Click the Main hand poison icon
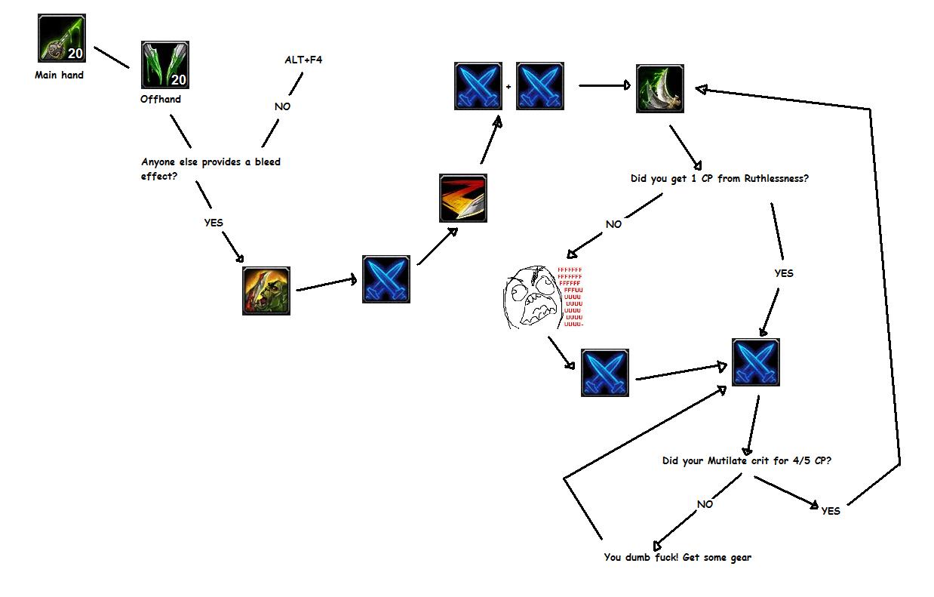[x=61, y=38]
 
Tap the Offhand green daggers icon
[x=165, y=65]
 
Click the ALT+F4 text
[x=303, y=59]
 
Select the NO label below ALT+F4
[x=282, y=106]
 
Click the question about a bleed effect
[x=210, y=168]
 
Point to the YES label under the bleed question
[x=214, y=223]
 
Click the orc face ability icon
[x=266, y=290]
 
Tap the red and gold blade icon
[x=463, y=198]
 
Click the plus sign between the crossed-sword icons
[x=508, y=87]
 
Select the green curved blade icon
[x=660, y=88]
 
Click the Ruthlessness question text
[x=720, y=179]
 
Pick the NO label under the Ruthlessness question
[x=613, y=224]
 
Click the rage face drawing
[x=531, y=299]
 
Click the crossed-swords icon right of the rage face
[x=605, y=372]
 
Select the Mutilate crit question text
[x=747, y=460]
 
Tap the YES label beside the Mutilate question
[x=830, y=511]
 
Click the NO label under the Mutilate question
[x=705, y=504]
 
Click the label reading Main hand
[x=59, y=75]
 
